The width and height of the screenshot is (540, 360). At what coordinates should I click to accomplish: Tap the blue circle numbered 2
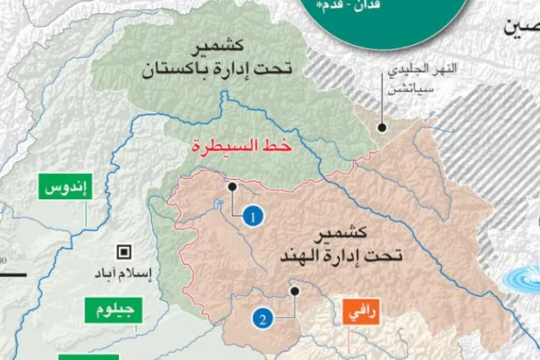click(262, 319)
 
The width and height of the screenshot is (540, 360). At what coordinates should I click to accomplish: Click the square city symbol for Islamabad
click(125, 253)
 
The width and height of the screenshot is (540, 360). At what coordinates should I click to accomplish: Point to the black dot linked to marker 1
click(232, 185)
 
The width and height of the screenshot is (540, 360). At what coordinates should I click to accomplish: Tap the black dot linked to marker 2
click(296, 291)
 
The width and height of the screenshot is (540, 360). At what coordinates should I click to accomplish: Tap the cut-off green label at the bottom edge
click(87, 356)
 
